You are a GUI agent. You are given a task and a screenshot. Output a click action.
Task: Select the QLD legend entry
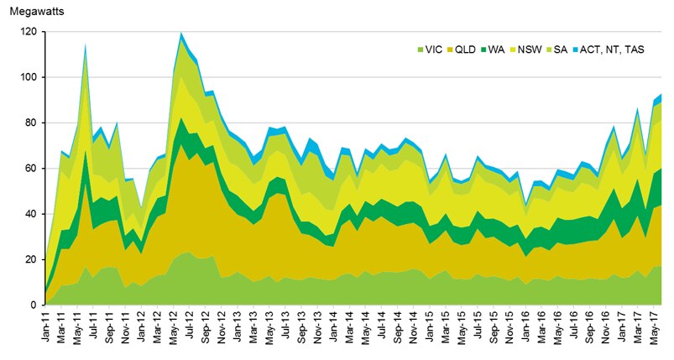pyautogui.click(x=468, y=50)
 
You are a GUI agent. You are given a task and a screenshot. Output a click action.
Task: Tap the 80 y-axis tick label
pyautogui.click(x=30, y=123)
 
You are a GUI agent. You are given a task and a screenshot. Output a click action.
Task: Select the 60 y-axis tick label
pyautogui.click(x=30, y=169)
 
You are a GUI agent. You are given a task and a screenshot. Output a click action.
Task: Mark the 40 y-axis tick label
pyautogui.click(x=30, y=214)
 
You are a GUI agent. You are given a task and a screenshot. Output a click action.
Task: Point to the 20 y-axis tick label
pyautogui.click(x=30, y=260)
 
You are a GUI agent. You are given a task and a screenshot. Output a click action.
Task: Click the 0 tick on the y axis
pyautogui.click(x=33, y=305)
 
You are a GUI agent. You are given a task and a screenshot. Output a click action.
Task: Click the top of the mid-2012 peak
pyautogui.click(x=181, y=33)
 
